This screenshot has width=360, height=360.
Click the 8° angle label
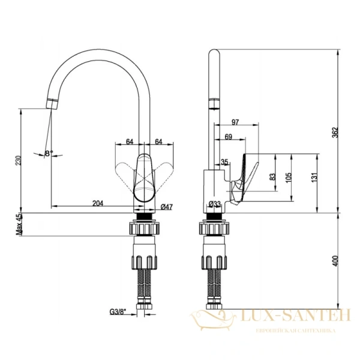[49, 154]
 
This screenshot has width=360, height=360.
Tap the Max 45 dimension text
[19, 224]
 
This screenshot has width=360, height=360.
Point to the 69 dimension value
[229, 137]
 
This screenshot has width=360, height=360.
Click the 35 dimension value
[224, 162]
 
